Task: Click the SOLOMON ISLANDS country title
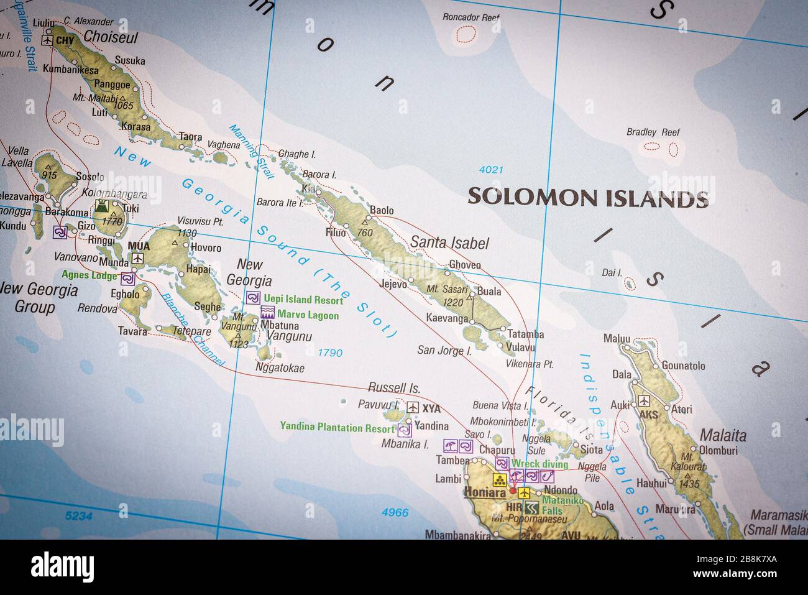pos(587,197)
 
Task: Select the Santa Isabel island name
pos(450,243)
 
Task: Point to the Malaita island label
pos(723,435)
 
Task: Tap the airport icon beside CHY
pos(47,40)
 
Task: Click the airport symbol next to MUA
pos(137,258)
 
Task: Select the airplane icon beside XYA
pos(412,408)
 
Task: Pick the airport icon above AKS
pos(644,400)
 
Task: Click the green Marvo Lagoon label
pos(308,315)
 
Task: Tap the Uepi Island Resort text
pos(303,300)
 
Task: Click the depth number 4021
pos(491,169)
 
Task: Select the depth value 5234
pos(78,515)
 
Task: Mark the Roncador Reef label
pos(471,17)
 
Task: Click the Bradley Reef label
pos(653,132)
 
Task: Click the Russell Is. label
pos(394,388)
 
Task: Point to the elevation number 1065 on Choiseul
pos(123,106)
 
